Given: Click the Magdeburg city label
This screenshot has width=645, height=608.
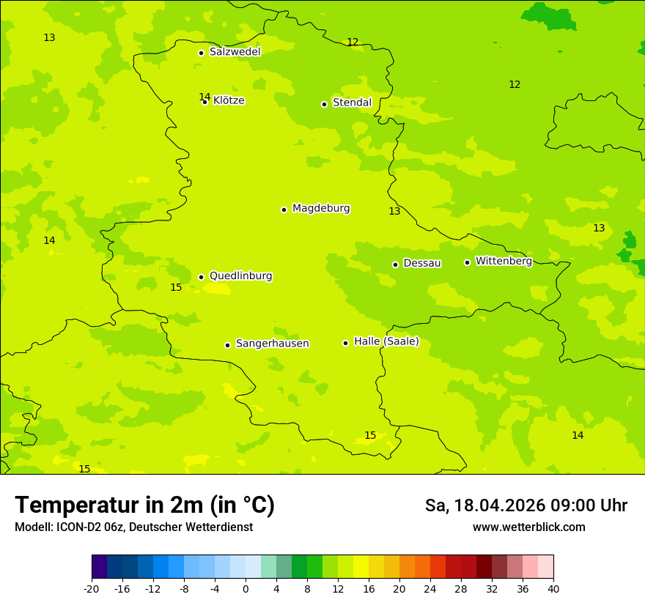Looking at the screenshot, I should pyautogui.click(x=321, y=209).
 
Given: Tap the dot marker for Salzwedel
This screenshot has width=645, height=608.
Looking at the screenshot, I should pyautogui.click(x=201, y=53).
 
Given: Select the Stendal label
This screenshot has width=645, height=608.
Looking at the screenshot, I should pyautogui.click(x=352, y=103).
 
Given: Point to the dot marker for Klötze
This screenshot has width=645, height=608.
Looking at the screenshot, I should pyautogui.click(x=205, y=102).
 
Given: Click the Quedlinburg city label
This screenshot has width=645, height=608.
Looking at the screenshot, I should pyautogui.click(x=240, y=276).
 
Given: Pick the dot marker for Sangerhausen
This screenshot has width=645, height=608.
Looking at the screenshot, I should pyautogui.click(x=227, y=345).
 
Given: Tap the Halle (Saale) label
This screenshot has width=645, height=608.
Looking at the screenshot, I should pyautogui.click(x=386, y=341).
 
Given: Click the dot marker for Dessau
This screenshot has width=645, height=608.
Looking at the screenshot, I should pyautogui.click(x=395, y=264).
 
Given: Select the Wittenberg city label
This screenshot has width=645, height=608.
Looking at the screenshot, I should pyautogui.click(x=504, y=262).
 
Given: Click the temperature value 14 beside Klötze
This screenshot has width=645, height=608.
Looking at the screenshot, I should pyautogui.click(x=204, y=97).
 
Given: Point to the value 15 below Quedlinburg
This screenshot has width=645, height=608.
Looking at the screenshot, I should pyautogui.click(x=176, y=287).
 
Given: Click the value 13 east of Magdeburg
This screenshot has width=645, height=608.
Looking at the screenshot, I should pyautogui.click(x=394, y=211).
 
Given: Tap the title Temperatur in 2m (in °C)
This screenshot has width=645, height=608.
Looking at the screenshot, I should pyautogui.click(x=144, y=505).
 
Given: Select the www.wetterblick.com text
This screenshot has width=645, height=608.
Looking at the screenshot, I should pyautogui.click(x=528, y=527).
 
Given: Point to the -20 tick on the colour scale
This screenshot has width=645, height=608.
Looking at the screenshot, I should pyautogui.click(x=92, y=589).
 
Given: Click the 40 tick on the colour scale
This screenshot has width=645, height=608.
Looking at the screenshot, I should pyautogui.click(x=553, y=589).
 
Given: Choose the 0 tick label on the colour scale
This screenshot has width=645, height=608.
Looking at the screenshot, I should pyautogui.click(x=246, y=589).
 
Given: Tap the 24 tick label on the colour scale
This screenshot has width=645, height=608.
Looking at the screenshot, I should pyautogui.click(x=430, y=589).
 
